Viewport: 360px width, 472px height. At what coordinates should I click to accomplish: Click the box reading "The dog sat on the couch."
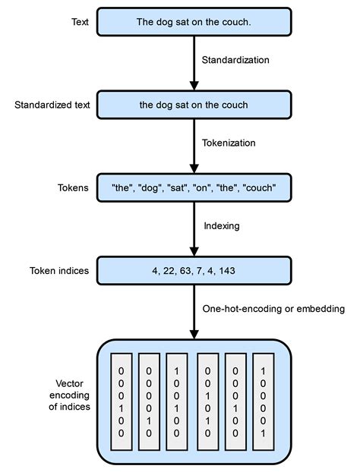pos(194,22)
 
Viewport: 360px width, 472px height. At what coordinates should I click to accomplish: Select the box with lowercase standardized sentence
pos(194,105)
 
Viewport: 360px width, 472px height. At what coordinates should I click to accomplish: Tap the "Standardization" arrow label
pos(235,59)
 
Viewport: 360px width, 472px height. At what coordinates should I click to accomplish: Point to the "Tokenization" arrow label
pos(229,142)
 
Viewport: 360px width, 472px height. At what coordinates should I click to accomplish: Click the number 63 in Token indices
pos(186,269)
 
